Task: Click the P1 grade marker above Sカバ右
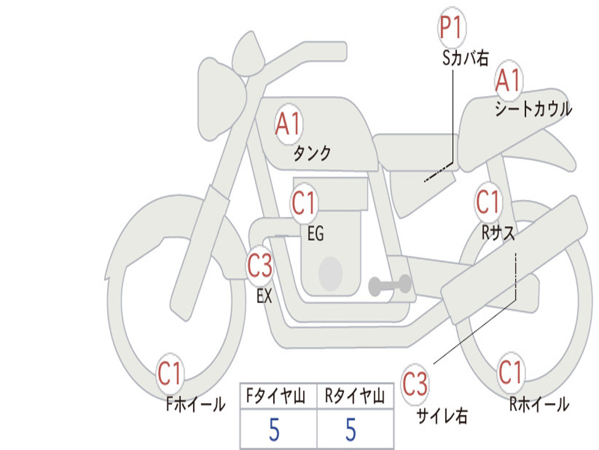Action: pyautogui.click(x=452, y=27)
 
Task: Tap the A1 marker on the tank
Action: pyautogui.click(x=289, y=124)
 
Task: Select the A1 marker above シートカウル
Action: pyautogui.click(x=508, y=80)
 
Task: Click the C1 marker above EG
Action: pyautogui.click(x=304, y=202)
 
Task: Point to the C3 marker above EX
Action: pyautogui.click(x=260, y=265)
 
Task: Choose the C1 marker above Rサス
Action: pyautogui.click(x=488, y=201)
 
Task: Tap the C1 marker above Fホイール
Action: pyautogui.click(x=169, y=373)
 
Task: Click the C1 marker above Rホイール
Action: pyautogui.click(x=510, y=372)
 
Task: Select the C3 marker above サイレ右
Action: pyautogui.click(x=415, y=384)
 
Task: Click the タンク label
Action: pyautogui.click(x=312, y=154)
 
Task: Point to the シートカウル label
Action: pyautogui.click(x=533, y=108)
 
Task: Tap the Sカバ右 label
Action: pyautogui.click(x=465, y=58)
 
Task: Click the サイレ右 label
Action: pyautogui.click(x=442, y=415)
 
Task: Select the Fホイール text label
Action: pyautogui.click(x=195, y=404)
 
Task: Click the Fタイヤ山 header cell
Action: pyautogui.click(x=278, y=396)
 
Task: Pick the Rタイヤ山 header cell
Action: pyautogui.click(x=356, y=396)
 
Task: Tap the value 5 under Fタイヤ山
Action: pyautogui.click(x=274, y=429)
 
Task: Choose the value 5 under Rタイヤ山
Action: pyautogui.click(x=351, y=429)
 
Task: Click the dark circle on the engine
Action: pyautogui.click(x=331, y=274)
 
